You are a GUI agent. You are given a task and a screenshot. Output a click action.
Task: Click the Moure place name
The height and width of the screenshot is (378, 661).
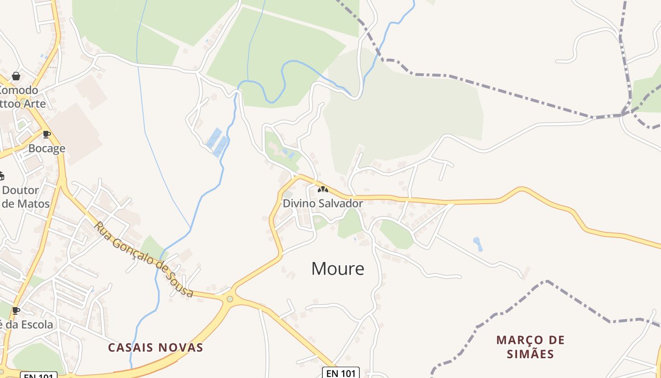pos(338,269)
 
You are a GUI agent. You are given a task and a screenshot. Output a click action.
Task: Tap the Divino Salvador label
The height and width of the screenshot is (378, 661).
pos(323,204)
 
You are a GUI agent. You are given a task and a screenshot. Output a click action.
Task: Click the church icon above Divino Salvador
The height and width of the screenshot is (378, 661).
pos(323,189)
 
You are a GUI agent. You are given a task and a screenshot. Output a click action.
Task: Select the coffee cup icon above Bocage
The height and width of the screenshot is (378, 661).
pos(46,135)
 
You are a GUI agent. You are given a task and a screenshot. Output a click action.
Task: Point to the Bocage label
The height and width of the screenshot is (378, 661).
pos(47,149)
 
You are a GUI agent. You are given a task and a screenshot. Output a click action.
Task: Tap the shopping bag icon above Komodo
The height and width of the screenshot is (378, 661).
pos(16,76)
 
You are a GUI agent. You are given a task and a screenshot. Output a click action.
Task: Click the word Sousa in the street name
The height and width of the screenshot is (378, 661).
pos(181,283)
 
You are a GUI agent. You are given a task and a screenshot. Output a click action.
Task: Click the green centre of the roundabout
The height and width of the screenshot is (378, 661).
pos(230,299)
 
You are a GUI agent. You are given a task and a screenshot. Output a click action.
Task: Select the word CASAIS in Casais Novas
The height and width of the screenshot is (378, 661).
pos(130,348)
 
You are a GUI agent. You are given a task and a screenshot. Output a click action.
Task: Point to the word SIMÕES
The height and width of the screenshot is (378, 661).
pos(530,354)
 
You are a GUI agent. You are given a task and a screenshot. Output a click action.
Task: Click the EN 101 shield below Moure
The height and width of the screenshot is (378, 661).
pos(341,373)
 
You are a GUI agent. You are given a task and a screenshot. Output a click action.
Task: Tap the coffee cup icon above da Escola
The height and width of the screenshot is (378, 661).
pos(16,310)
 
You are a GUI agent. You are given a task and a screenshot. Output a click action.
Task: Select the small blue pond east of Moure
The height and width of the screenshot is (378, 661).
pos(478,244)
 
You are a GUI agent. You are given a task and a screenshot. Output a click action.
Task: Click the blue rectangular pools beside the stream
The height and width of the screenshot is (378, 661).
pos(217,142)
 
